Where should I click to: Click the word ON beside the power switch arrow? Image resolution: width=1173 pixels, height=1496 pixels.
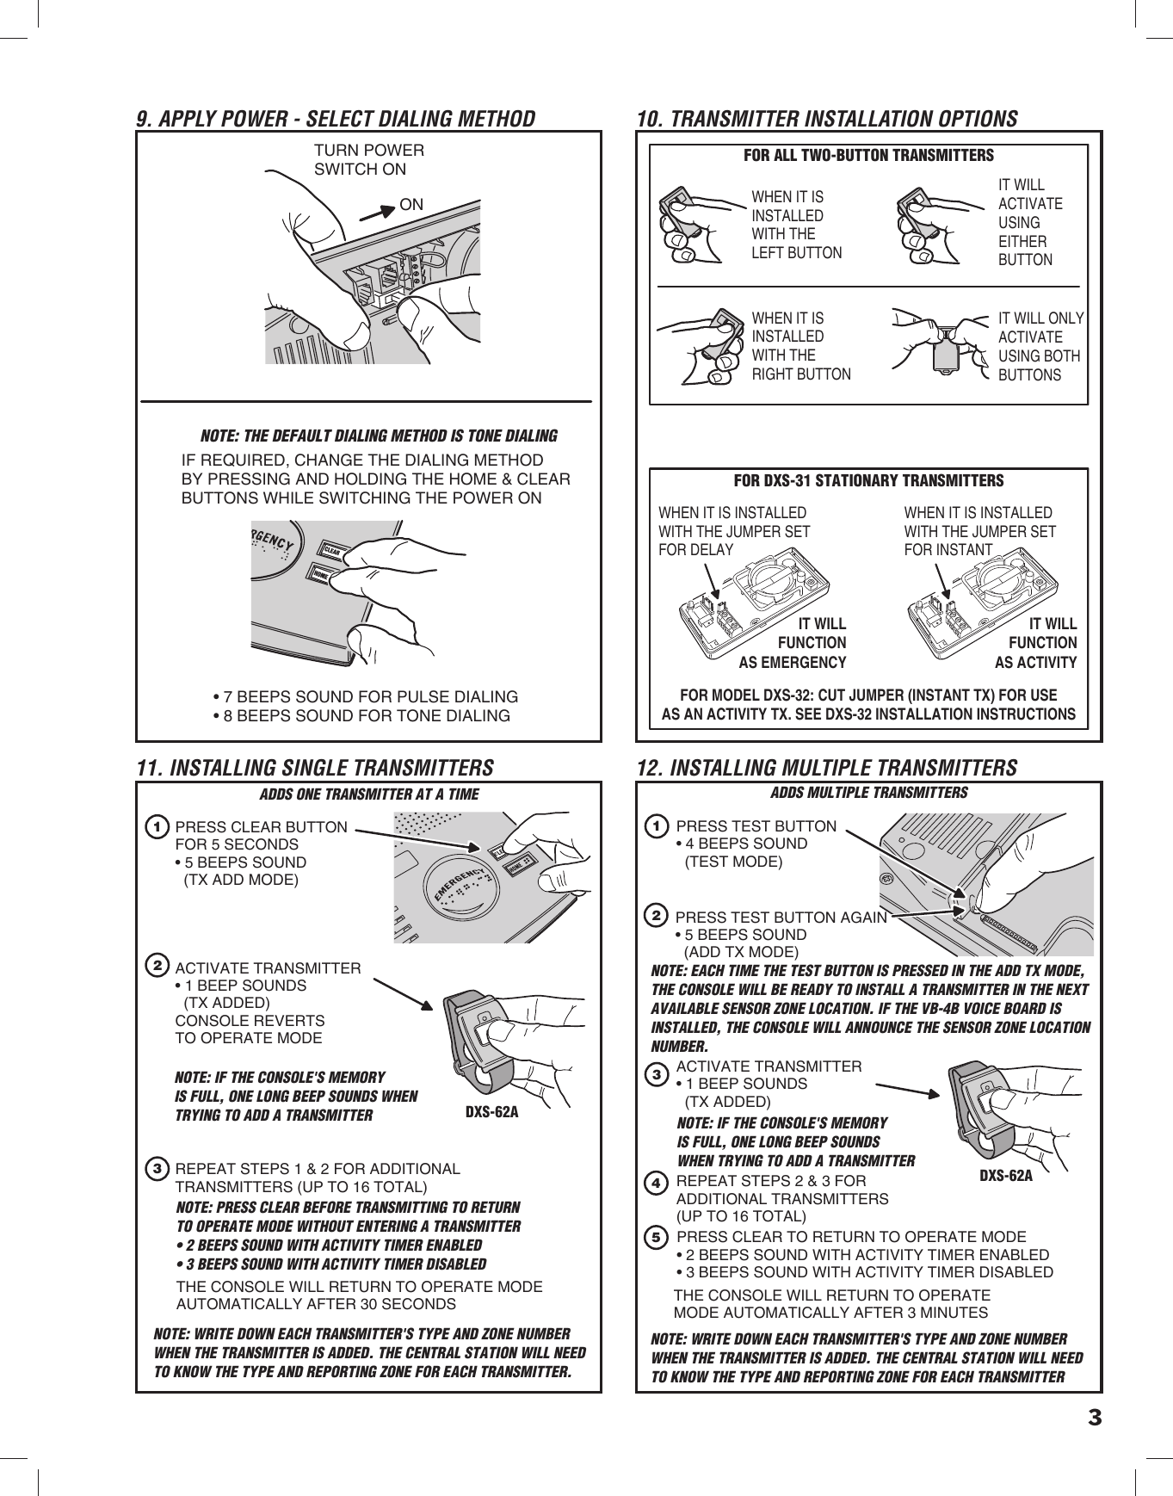coord(411,205)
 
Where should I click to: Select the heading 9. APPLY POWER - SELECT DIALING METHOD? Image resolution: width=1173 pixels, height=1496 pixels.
coord(336,119)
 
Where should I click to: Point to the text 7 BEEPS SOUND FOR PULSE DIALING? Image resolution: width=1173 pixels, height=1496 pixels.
coord(365,696)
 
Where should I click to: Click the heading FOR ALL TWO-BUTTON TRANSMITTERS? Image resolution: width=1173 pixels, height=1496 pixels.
coord(867,156)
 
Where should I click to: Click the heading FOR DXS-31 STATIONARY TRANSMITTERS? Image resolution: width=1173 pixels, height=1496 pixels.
coord(867,479)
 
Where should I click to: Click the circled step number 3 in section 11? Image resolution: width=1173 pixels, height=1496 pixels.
coord(157,1169)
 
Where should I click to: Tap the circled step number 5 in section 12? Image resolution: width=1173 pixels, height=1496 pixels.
coord(657,1238)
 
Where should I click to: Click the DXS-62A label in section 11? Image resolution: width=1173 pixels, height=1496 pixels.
coord(491,1111)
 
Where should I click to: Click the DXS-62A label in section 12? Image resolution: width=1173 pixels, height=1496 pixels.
coord(1006,1176)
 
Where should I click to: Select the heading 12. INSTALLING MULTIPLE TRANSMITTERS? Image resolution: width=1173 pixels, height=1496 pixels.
coord(826,767)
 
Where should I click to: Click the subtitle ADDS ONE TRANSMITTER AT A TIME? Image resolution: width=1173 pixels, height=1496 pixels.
coord(368,794)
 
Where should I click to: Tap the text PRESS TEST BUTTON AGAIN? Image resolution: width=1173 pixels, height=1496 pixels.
coord(781,918)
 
